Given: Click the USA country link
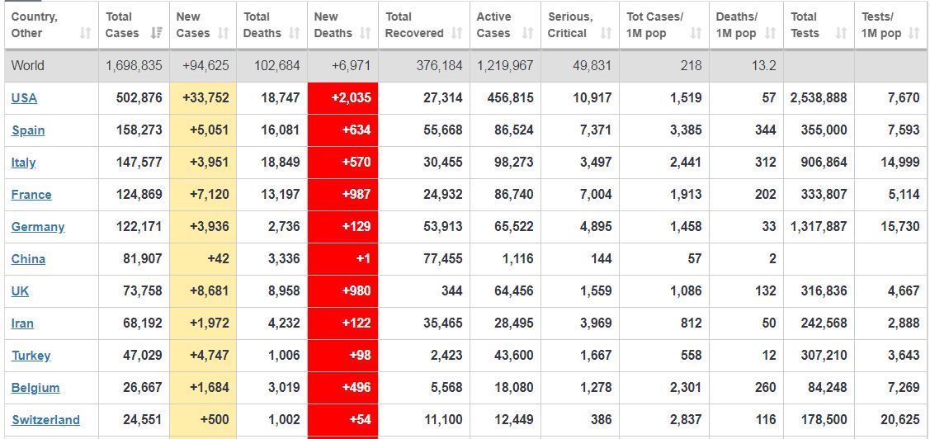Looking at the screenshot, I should click(24, 98).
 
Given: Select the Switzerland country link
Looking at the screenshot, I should click(45, 420).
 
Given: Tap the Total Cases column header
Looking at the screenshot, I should click(119, 25).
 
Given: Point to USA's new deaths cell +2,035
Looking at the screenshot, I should click(342, 98).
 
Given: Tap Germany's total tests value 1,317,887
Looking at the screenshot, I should click(819, 227).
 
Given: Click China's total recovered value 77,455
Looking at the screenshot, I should click(443, 259).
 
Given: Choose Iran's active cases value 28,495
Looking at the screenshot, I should click(513, 323).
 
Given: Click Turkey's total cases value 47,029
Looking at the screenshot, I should click(143, 356).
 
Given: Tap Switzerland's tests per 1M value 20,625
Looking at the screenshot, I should click(899, 420).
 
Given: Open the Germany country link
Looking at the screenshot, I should click(38, 227).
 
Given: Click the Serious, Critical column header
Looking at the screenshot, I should click(570, 25).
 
